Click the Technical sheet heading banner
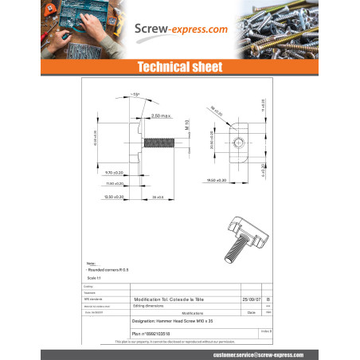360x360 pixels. (x=180, y=65)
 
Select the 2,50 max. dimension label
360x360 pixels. (x=162, y=116)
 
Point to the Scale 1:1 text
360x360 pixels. (x=94, y=277)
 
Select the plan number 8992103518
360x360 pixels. (x=151, y=334)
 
